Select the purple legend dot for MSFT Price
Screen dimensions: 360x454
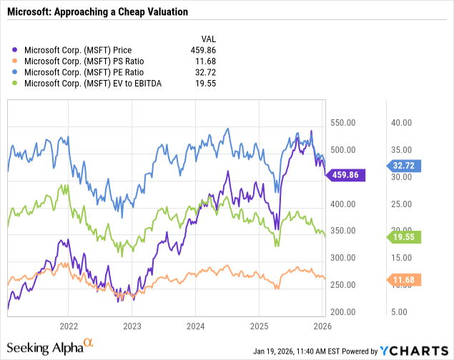16,50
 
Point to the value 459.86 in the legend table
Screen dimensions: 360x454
202,50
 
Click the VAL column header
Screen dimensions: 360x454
207,39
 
